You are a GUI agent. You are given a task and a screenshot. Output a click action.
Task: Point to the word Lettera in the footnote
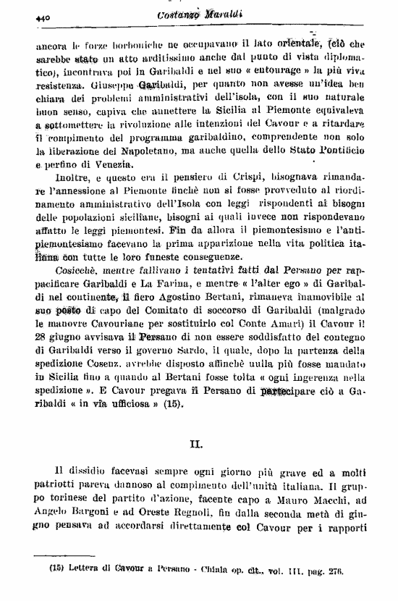86,569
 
